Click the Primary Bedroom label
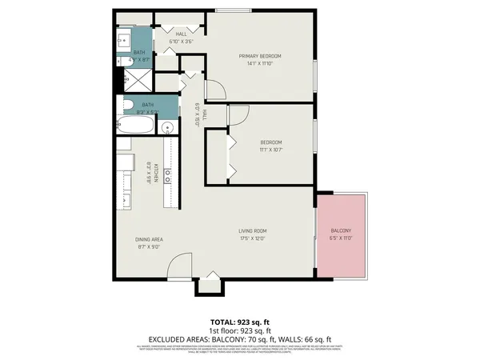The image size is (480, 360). click(264, 56)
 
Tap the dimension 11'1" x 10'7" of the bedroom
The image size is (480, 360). click(270, 150)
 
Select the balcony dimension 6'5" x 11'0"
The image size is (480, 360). click(342, 238)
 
